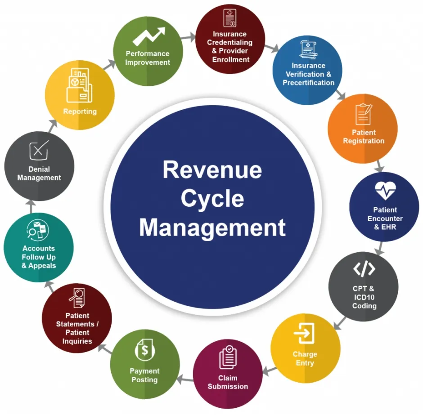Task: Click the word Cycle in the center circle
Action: [x=212, y=199]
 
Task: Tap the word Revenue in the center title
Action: [x=212, y=170]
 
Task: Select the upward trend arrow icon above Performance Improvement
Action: [x=149, y=36]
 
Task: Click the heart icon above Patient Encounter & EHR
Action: [x=385, y=190]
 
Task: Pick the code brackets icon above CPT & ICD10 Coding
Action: [x=364, y=269]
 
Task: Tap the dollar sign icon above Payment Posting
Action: [x=145, y=350]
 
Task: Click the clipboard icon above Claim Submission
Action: [x=228, y=357]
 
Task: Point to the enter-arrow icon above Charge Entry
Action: [x=304, y=333]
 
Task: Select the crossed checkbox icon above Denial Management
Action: [x=39, y=150]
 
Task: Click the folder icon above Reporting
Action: [x=79, y=85]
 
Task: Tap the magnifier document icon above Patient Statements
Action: [x=78, y=298]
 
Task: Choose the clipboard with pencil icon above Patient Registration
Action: [x=364, y=114]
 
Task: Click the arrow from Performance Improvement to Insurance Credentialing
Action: [x=188, y=37]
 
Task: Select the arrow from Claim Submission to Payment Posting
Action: [x=185, y=379]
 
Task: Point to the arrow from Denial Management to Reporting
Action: [x=53, y=126]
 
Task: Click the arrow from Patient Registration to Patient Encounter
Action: [x=379, y=166]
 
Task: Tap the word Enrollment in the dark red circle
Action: [x=231, y=59]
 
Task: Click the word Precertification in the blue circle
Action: [x=309, y=82]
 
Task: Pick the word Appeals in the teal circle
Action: [x=42, y=266]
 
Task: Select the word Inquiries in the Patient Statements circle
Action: [x=77, y=341]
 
